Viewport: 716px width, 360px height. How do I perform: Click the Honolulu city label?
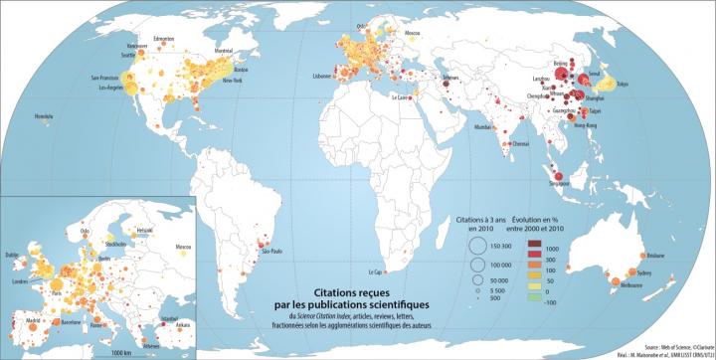click(43, 117)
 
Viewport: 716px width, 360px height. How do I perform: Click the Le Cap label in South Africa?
click(375, 271)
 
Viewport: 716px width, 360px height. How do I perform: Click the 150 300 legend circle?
click(473, 246)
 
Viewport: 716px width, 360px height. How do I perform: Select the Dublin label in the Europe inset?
click(13, 255)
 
